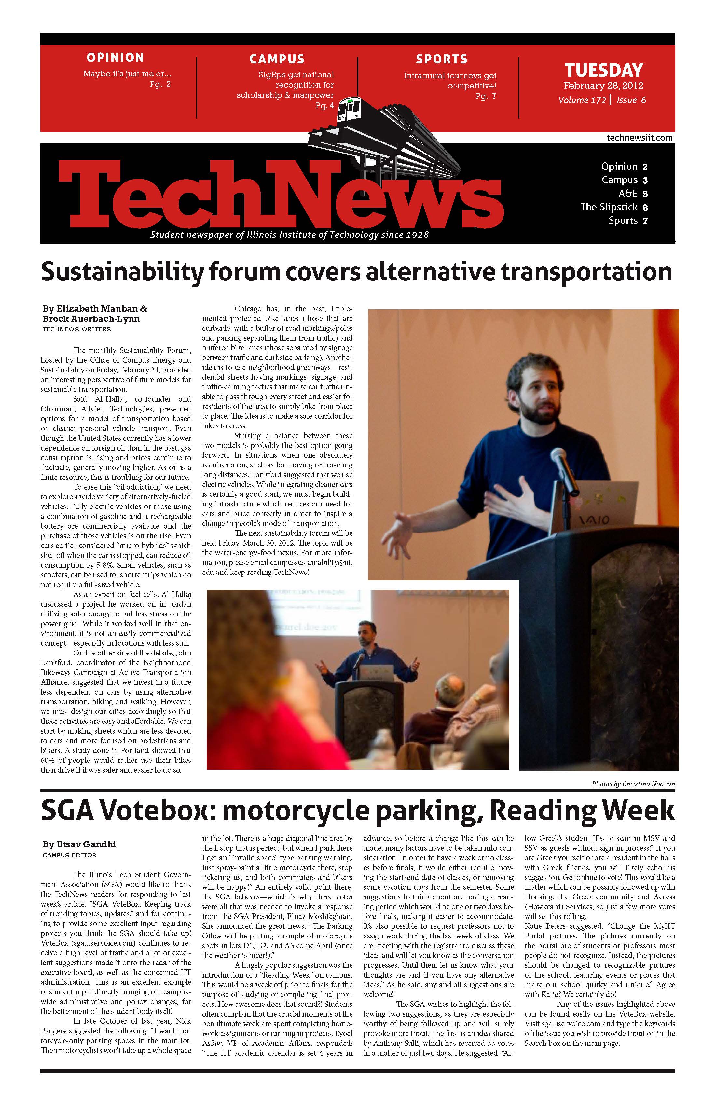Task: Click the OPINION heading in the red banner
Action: (115, 58)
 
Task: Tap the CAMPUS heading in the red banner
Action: (277, 59)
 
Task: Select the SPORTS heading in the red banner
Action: (441, 59)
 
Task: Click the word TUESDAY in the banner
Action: (603, 70)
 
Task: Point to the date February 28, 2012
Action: (603, 86)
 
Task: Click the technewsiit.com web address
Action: (639, 138)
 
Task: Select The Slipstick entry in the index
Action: (609, 207)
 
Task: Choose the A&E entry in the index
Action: (628, 193)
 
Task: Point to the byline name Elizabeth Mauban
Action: (91, 309)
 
